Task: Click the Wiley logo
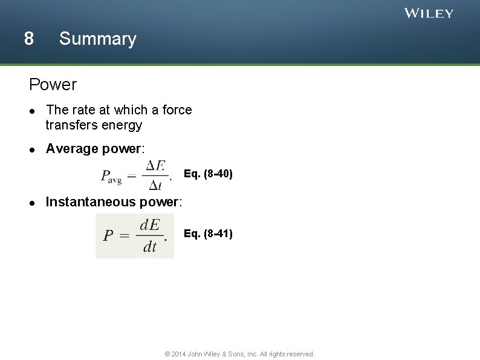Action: tap(429, 13)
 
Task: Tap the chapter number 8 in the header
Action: tap(28, 39)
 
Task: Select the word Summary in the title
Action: tap(98, 39)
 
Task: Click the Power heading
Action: tap(53, 85)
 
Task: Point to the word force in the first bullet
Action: tap(177, 110)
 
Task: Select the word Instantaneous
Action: tap(91, 201)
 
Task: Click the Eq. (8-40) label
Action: tap(208, 175)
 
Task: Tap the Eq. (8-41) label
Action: tap(208, 234)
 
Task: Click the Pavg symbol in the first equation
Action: tap(111, 176)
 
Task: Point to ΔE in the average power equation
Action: tap(155, 166)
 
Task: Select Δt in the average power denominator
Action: tap(155, 185)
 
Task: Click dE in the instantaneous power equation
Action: tap(149, 225)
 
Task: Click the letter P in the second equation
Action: tap(108, 235)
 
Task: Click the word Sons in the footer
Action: tap(235, 354)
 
